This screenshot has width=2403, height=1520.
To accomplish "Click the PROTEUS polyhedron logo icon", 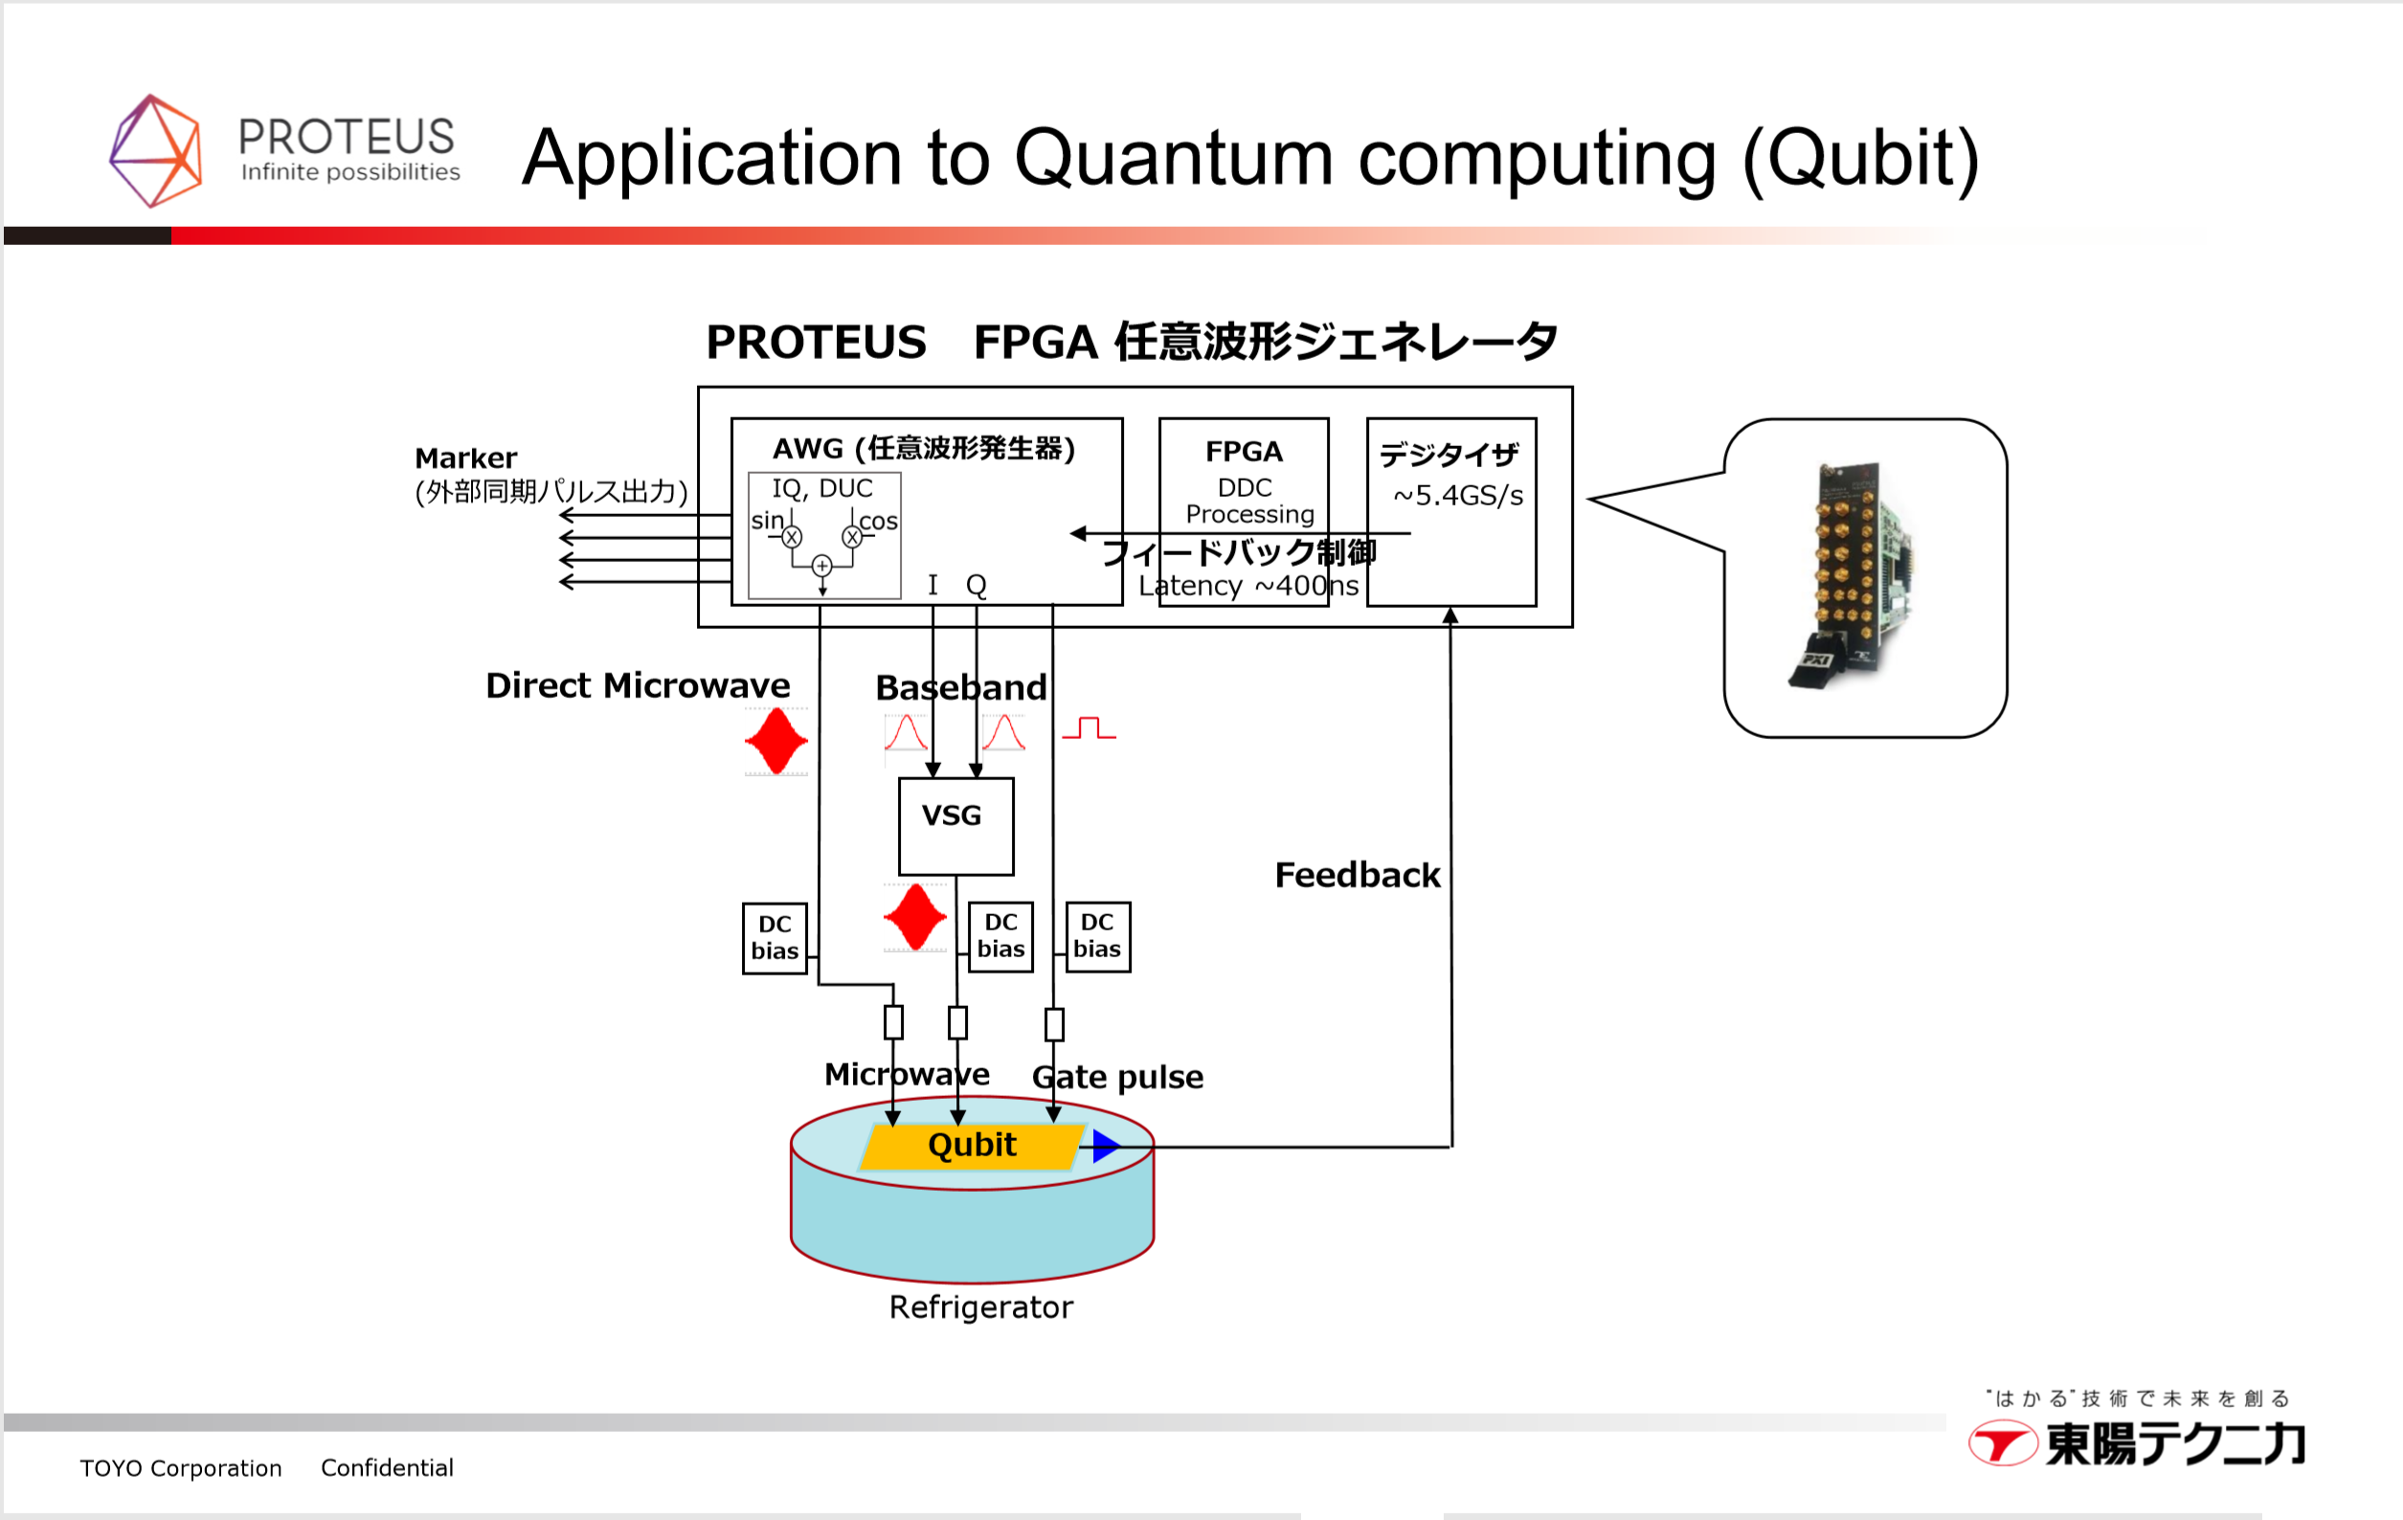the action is coord(156,150).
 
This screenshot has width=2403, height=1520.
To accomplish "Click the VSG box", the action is coord(956,826).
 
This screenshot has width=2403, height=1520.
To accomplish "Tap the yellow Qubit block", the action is coord(972,1146).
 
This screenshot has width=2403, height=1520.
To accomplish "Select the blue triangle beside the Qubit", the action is coord(1106,1146).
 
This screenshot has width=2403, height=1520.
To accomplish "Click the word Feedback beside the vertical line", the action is coord(1358,875).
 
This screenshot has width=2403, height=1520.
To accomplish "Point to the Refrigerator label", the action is coord(981,1307).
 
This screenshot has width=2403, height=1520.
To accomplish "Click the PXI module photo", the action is coord(1852,576).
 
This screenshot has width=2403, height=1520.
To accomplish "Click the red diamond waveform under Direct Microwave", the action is coord(776,742).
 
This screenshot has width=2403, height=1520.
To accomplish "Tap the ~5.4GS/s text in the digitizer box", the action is coord(1458,496).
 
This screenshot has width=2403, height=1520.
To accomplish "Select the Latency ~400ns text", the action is coord(1248,586).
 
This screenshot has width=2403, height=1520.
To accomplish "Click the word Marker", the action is coord(466,458).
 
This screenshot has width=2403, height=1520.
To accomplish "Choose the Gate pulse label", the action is coord(1117,1078).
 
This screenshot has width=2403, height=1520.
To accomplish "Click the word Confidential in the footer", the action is coord(387,1467).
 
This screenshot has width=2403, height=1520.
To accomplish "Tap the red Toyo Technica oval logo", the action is coord(2002,1443).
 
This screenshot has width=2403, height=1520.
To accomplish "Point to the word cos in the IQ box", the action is coord(878,521).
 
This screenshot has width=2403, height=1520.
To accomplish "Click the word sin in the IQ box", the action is coord(768,520).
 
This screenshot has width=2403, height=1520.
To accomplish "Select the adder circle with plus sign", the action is coord(821,566).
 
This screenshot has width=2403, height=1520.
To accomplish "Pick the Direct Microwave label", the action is coord(638,685).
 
